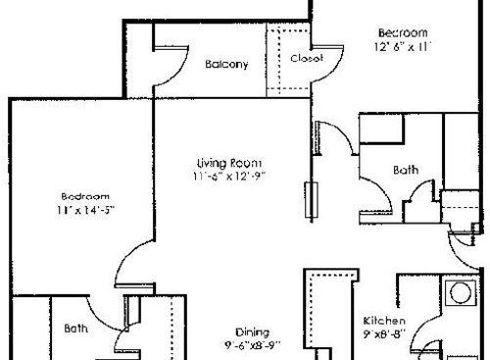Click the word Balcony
coord(226,65)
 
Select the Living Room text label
coord(229,162)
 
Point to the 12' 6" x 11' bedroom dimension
coord(403,47)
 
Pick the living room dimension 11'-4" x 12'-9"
coord(229,177)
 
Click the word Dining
coord(251,332)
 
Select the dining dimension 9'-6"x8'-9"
coord(251,345)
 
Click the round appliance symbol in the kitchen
coord(458,291)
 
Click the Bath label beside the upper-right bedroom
coord(405,170)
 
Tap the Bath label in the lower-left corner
coord(76,329)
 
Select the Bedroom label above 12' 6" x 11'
coord(403,32)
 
